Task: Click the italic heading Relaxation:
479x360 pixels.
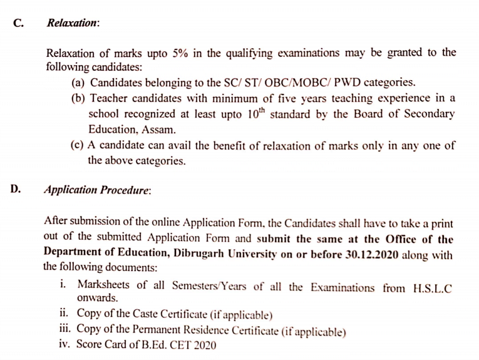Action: pos(73,23)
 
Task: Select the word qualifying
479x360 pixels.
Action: pos(253,54)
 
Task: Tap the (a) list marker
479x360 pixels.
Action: pos(80,83)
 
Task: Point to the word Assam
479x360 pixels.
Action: pos(159,130)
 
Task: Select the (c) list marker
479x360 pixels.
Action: pos(79,145)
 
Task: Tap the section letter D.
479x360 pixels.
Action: pos(16,189)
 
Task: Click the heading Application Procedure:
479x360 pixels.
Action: pos(97,190)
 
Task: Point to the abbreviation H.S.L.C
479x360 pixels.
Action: pos(433,288)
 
